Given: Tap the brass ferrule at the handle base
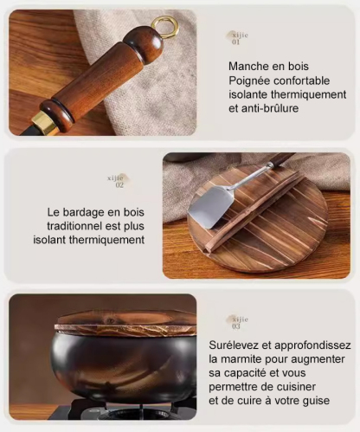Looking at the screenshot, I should (x=44, y=123).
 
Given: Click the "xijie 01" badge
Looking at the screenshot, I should (x=237, y=37).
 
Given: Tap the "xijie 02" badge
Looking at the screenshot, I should (x=118, y=181).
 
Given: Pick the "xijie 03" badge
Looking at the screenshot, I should (x=237, y=322).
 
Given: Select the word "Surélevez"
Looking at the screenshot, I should (x=236, y=344).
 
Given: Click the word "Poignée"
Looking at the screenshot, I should (x=253, y=80).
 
